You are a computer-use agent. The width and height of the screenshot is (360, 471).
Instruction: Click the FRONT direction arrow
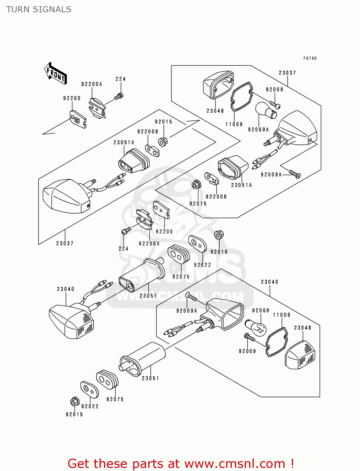click(56, 73)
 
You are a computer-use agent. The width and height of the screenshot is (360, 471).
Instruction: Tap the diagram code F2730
click(310, 58)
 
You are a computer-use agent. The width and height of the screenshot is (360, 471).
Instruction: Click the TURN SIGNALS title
click(39, 9)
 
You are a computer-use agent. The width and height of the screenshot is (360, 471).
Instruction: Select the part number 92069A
click(258, 130)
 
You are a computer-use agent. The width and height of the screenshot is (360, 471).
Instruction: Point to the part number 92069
click(260, 311)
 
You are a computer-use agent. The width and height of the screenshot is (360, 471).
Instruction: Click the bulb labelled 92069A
click(266, 110)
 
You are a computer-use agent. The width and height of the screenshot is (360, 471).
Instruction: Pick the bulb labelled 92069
click(255, 328)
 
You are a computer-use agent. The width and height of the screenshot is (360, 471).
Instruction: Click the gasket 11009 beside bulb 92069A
click(242, 97)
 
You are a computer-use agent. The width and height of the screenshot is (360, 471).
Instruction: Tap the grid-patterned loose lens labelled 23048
click(300, 355)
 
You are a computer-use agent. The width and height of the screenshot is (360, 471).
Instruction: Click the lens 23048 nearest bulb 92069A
click(218, 85)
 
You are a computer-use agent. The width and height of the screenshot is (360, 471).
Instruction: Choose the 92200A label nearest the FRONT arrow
click(91, 84)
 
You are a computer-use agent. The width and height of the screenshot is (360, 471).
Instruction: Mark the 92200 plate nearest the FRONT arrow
click(78, 119)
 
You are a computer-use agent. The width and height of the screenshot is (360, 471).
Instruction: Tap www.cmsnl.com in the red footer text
click(235, 464)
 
